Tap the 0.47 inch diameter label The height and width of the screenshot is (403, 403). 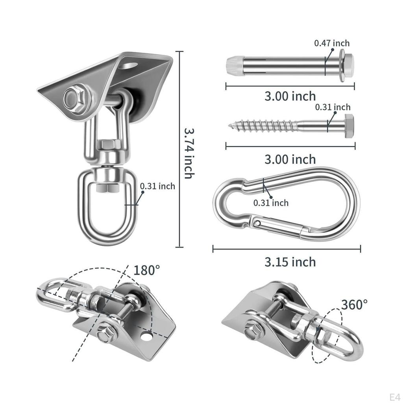click(332, 43)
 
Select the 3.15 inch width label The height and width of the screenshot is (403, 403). click(290, 262)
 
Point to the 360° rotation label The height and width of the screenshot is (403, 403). click(354, 305)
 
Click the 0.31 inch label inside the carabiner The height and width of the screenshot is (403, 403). click(271, 203)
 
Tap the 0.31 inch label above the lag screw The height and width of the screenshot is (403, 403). click(333, 107)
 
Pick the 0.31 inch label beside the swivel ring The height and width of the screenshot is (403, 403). click(157, 186)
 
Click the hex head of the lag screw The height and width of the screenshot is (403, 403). click(349, 126)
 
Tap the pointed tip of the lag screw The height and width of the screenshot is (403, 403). click(229, 126)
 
